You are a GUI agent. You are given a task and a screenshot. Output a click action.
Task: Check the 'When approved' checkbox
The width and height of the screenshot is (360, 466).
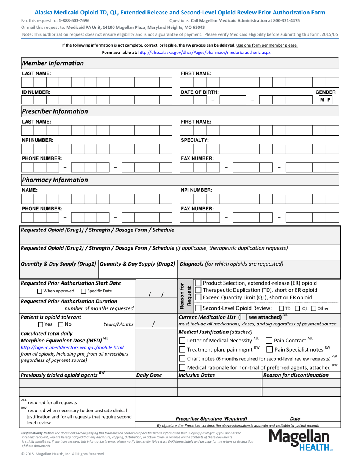[39, 291]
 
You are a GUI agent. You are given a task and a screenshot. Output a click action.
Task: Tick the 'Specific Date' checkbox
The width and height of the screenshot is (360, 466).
[83, 291]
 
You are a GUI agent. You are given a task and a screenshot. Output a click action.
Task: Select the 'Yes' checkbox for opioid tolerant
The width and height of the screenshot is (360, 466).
[41, 324]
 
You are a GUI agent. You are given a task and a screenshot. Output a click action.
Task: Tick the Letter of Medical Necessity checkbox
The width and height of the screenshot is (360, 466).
[182, 340]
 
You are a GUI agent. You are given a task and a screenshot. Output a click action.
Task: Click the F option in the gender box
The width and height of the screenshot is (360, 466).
[329, 100]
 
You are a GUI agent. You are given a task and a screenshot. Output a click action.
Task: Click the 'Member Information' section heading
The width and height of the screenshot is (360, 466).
[53, 63]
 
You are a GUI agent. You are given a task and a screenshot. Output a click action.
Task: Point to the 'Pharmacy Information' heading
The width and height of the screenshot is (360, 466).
[55, 180]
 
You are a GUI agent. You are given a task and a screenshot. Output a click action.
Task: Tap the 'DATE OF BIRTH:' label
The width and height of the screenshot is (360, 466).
[199, 92]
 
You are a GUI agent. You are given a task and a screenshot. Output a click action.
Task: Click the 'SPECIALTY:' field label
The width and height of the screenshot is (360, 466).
[194, 140]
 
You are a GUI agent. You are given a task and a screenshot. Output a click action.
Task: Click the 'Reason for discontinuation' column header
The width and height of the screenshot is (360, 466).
[296, 375]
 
